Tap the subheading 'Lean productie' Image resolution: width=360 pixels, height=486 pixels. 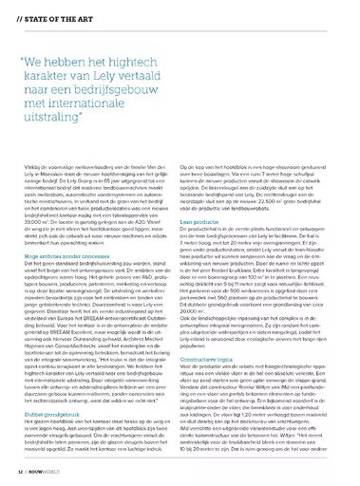pos(207,245)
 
